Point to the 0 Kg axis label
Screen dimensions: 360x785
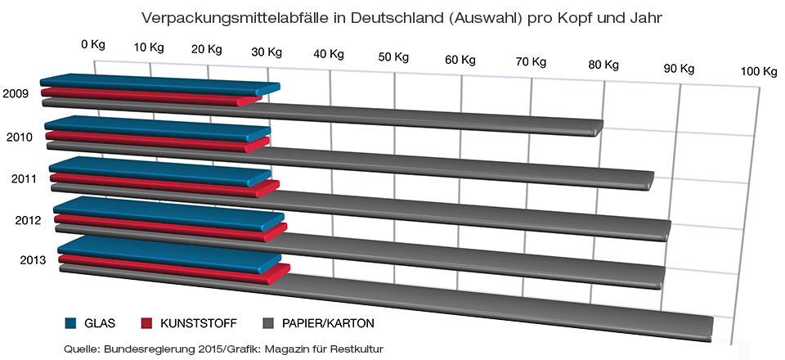click(93, 44)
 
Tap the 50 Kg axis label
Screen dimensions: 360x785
click(394, 57)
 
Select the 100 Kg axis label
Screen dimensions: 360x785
click(758, 71)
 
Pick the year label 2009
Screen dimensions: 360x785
click(16, 94)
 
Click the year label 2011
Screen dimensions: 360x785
click(25, 178)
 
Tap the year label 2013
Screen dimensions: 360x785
click(33, 261)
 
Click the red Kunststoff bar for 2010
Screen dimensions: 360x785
click(155, 140)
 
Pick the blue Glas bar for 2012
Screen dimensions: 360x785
click(168, 214)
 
